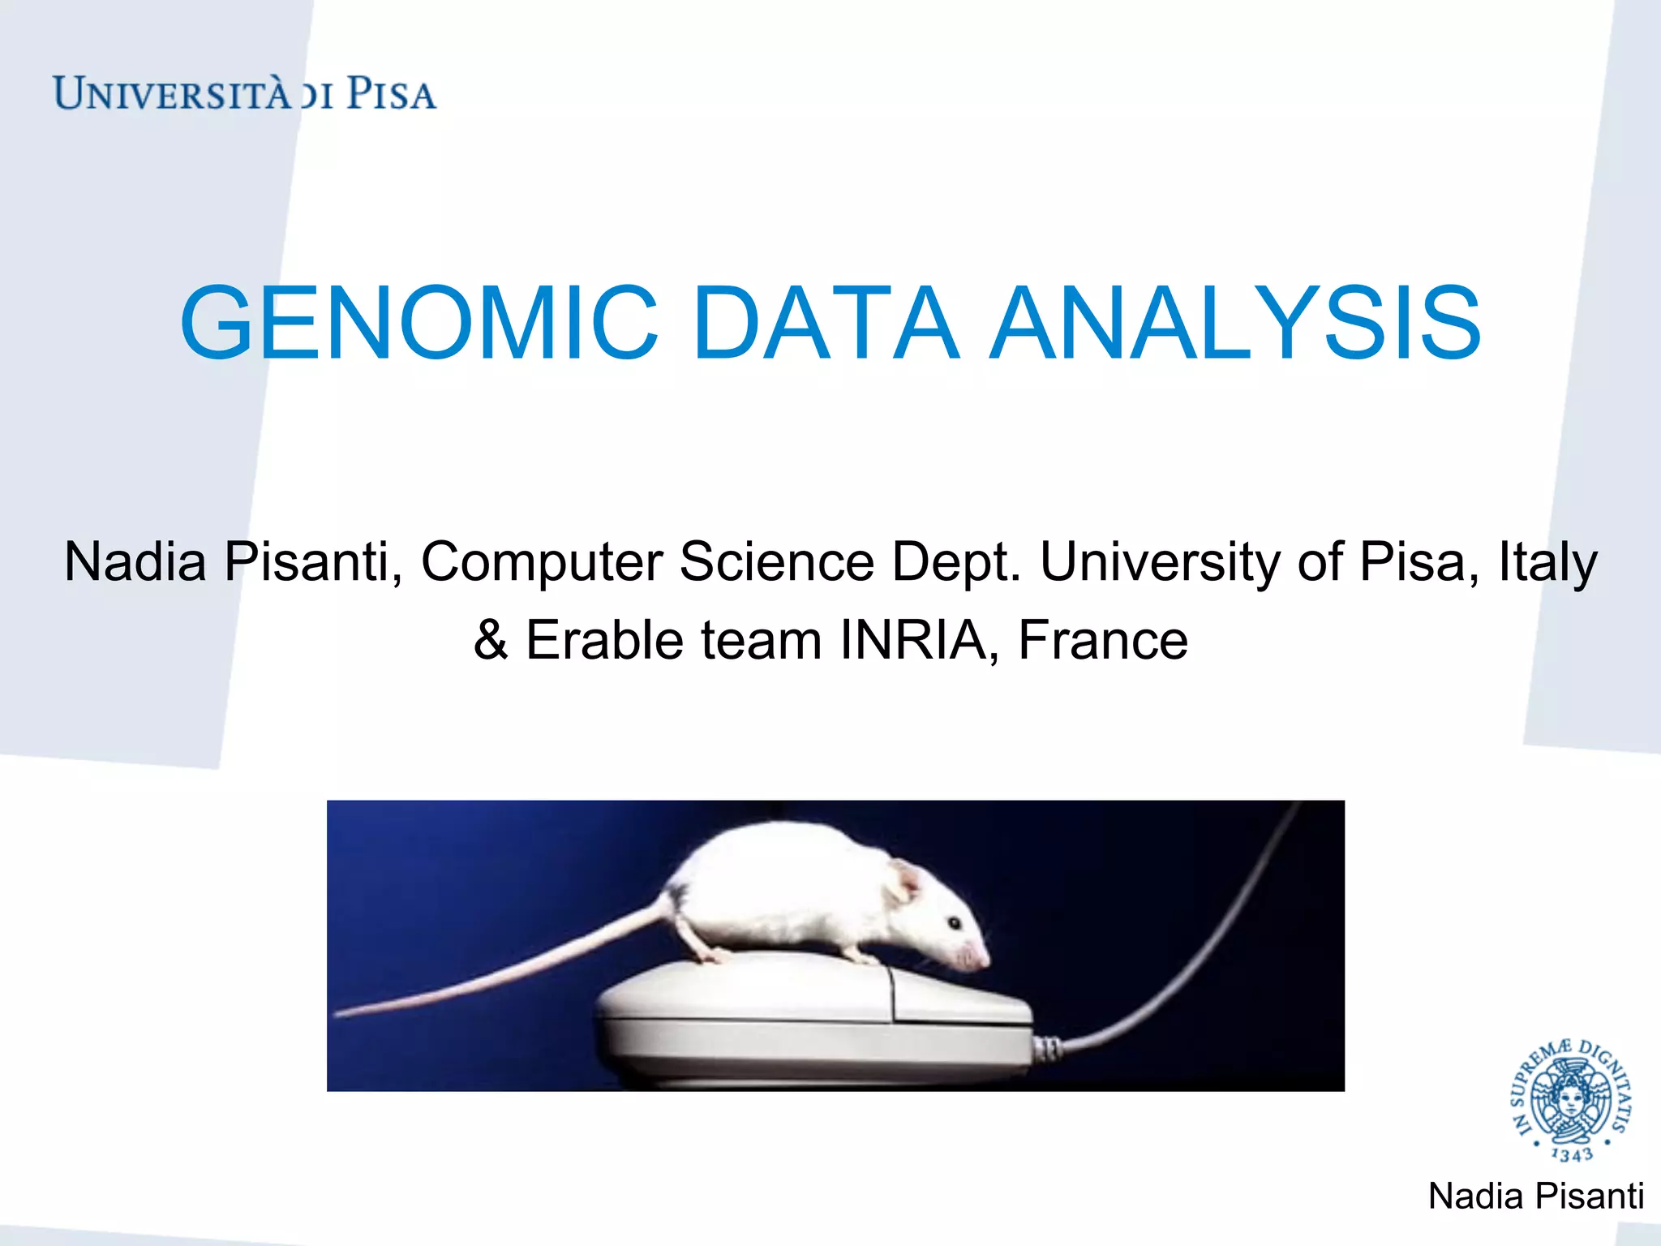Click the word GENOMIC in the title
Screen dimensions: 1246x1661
[x=418, y=323]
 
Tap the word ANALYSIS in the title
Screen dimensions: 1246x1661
[x=1236, y=323]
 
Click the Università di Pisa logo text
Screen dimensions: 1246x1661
[x=244, y=94]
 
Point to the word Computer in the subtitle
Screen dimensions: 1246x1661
[x=542, y=561]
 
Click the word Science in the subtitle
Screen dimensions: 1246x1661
[x=777, y=561]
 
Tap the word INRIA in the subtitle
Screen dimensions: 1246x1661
[x=913, y=640]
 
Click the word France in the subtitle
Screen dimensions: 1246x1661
[x=1103, y=640]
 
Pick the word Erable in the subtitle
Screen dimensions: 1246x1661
[x=605, y=640]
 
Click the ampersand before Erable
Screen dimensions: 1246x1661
[x=491, y=640]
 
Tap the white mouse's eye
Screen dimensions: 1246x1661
[x=955, y=923]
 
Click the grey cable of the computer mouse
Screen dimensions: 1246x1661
[x=1192, y=973]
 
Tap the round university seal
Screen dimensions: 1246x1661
[x=1571, y=1100]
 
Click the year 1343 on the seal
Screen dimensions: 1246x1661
[x=1571, y=1154]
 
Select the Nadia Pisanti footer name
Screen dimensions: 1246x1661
[x=1535, y=1197]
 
